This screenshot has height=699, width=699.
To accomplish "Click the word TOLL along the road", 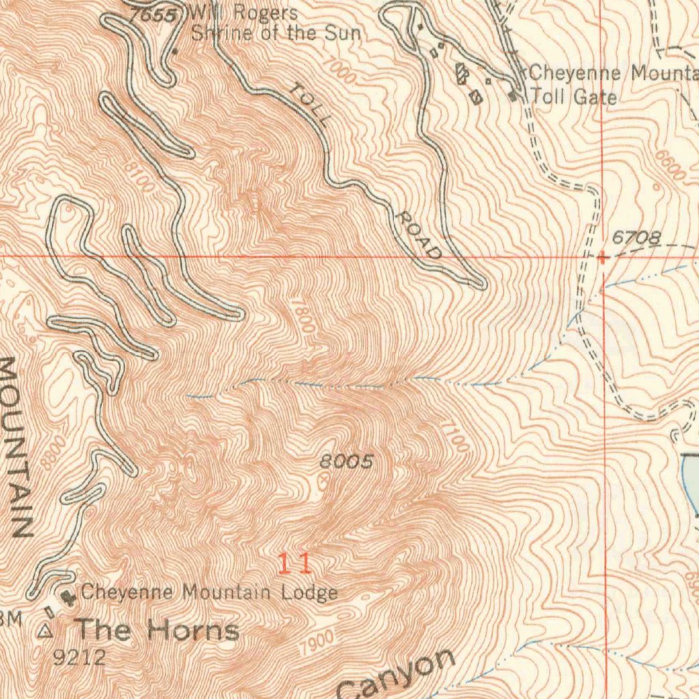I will [x=311, y=104].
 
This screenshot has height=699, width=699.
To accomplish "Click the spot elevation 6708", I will [x=636, y=238].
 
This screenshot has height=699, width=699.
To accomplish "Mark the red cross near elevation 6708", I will [x=603, y=258].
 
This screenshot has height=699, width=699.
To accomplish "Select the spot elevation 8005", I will [x=347, y=463].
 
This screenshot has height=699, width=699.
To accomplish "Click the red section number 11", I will [x=295, y=564].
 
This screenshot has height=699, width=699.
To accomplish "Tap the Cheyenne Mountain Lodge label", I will [x=209, y=593].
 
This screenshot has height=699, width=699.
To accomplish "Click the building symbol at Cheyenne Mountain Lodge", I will [x=67, y=597].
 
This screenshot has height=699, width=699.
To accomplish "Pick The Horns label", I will [x=157, y=629].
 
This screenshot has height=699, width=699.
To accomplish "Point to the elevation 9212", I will [x=80, y=657].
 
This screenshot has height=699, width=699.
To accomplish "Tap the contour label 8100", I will [x=140, y=176].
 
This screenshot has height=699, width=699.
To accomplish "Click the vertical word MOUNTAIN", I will [x=16, y=447].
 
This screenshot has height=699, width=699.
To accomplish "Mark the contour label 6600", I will [x=670, y=165].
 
